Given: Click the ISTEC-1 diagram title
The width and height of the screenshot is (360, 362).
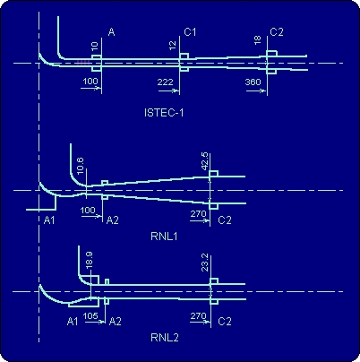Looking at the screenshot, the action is (x=164, y=113).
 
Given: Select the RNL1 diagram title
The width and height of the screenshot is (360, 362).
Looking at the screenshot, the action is (x=165, y=237).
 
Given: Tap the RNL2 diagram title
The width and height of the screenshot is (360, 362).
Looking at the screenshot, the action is (x=165, y=338).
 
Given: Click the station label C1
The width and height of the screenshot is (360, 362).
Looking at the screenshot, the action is (x=190, y=31).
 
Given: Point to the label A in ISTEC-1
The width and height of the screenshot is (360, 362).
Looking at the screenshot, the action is (x=111, y=31).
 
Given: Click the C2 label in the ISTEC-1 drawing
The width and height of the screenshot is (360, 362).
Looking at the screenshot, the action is (x=277, y=31).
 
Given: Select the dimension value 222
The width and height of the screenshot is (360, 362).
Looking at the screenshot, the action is (x=166, y=82).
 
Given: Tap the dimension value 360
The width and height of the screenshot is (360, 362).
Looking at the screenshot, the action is (x=253, y=82).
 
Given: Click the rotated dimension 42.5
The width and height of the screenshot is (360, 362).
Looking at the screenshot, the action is (x=205, y=161).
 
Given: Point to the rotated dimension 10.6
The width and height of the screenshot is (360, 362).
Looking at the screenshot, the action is (x=81, y=166).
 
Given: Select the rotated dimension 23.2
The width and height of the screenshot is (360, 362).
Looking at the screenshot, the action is (x=205, y=263).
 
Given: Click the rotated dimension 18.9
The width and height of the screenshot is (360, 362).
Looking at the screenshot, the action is (x=89, y=261).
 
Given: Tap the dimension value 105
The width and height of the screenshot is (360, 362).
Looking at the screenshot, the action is (x=90, y=315).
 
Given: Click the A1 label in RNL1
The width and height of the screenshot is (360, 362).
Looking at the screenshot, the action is (x=49, y=220).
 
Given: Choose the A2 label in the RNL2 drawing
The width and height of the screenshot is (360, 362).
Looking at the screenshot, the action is (x=116, y=322).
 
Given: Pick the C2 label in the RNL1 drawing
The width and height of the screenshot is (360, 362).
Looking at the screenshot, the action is (x=225, y=220).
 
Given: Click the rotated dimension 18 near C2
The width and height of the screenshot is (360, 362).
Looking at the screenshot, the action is (x=257, y=40).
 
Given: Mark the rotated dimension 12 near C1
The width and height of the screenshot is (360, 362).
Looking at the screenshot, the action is (x=173, y=46).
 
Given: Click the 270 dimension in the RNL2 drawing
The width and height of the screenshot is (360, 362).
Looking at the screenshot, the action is (x=198, y=315).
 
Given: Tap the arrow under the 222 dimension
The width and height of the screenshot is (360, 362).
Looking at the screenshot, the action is (x=169, y=90).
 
